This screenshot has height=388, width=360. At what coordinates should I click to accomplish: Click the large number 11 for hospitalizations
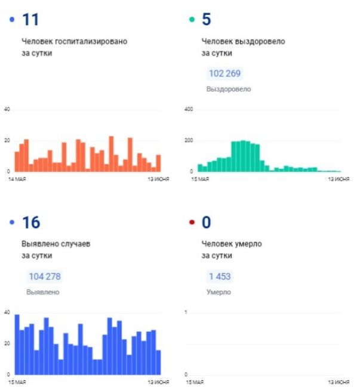coord(30,20)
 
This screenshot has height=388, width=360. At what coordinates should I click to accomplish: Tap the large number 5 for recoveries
coord(207,19)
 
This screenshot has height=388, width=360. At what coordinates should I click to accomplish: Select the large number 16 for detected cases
coord(31,222)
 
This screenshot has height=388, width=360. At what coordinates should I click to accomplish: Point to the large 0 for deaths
coord(207,222)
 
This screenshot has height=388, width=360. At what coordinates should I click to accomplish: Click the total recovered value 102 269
coord(224,73)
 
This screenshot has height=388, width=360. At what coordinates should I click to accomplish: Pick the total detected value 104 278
coord(45,276)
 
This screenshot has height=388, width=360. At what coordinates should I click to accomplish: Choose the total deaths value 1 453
coord(220,276)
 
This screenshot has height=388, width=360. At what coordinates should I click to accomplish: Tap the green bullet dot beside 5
coord(192,19)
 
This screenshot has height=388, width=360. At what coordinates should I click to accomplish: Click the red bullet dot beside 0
coord(192,222)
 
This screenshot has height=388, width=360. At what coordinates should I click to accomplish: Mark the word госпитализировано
coord(91,41)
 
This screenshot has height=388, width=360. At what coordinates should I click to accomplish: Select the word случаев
coord(75,244)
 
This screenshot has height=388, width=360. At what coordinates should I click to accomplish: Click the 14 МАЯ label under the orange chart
coord(17,179)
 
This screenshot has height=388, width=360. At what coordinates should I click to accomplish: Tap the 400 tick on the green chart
coord(189,109)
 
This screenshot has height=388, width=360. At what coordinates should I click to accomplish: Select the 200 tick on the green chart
coord(189,140)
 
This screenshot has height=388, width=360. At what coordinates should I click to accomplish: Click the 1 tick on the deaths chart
coord(186,312)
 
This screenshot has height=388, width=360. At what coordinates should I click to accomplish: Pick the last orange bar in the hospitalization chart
coord(158,163)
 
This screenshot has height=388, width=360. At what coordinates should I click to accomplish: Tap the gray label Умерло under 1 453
coord(219,292)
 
